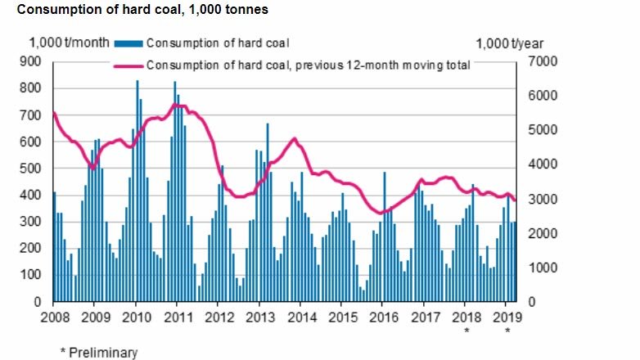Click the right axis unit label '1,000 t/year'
click(509, 44)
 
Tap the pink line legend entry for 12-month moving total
click(307, 65)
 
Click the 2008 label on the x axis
click(54, 318)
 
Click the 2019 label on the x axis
click(507, 318)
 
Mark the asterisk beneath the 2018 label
click(466, 331)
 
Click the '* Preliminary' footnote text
click(99, 352)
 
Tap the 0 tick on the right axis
click(531, 303)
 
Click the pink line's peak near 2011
click(178, 106)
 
